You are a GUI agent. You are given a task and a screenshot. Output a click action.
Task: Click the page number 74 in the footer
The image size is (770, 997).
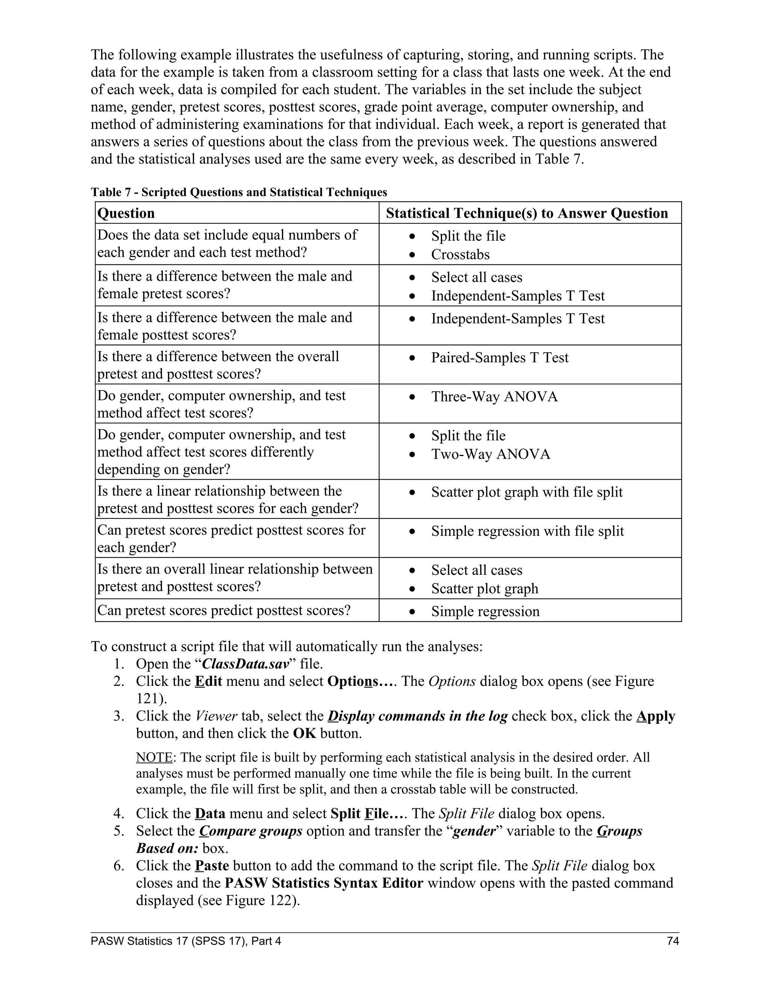672,941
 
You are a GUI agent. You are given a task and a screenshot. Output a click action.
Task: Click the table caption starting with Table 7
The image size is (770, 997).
239,192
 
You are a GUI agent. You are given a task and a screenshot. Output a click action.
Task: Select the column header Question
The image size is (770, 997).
126,213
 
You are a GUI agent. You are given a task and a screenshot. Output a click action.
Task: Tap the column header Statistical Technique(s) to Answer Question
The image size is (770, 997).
527,213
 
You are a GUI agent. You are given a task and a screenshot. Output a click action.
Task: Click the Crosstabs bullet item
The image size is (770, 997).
460,254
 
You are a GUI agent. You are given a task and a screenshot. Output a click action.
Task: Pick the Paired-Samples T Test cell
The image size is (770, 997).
500,357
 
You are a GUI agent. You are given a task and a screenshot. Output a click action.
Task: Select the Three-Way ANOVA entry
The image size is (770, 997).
494,396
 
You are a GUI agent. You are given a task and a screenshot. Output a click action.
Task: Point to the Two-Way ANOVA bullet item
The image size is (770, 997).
491,454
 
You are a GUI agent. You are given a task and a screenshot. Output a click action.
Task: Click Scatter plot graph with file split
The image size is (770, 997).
527,492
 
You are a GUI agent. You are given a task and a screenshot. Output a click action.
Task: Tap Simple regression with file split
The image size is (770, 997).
527,531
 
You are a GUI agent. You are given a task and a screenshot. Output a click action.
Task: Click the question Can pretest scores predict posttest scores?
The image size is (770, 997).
224,610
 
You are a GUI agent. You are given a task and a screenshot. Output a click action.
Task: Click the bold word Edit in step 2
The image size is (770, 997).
208,681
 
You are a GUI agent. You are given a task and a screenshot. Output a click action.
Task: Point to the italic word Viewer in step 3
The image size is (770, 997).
216,716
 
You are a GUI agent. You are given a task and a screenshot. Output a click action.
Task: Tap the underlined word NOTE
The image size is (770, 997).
154,757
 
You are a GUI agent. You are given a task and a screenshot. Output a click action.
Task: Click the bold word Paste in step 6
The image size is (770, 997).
212,866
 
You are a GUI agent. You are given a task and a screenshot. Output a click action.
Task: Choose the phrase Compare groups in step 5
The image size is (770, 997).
251,831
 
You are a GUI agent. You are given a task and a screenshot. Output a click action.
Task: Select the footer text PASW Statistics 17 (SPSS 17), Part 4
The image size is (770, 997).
186,941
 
